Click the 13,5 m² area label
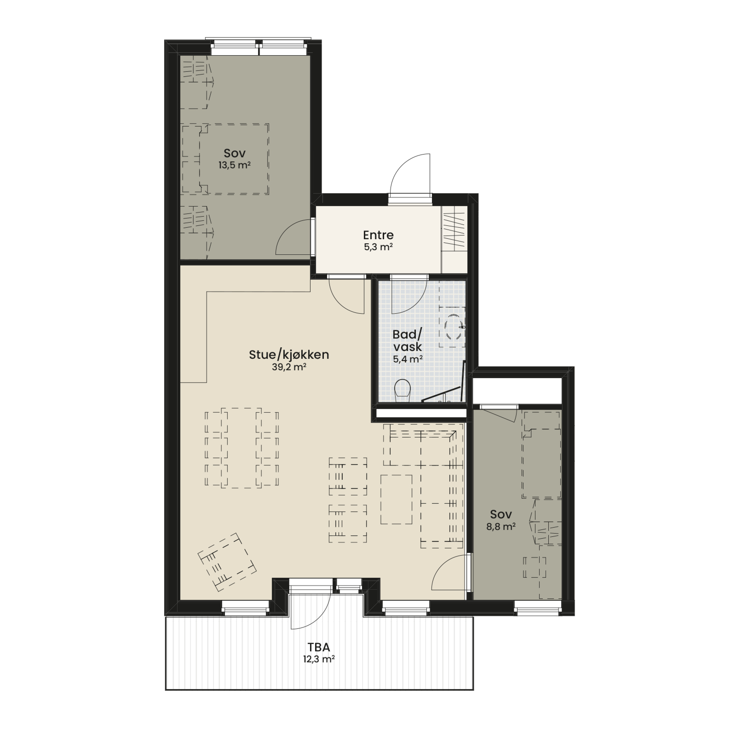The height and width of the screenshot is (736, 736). point(235,165)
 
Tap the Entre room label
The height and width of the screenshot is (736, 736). point(378,235)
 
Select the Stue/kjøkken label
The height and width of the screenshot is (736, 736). point(289,355)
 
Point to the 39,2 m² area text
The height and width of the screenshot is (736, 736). point(289,367)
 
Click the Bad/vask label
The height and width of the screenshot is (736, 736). point(408,341)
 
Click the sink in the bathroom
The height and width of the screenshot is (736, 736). point(453,326)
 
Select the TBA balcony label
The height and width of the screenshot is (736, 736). point(319,647)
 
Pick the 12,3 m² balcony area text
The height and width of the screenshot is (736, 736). point(318,659)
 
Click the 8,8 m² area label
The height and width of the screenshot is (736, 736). point(501,527)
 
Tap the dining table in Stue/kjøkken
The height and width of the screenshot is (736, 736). point(242,448)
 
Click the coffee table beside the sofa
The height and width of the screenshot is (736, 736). point(397,500)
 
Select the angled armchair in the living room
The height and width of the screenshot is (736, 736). point(227,562)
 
